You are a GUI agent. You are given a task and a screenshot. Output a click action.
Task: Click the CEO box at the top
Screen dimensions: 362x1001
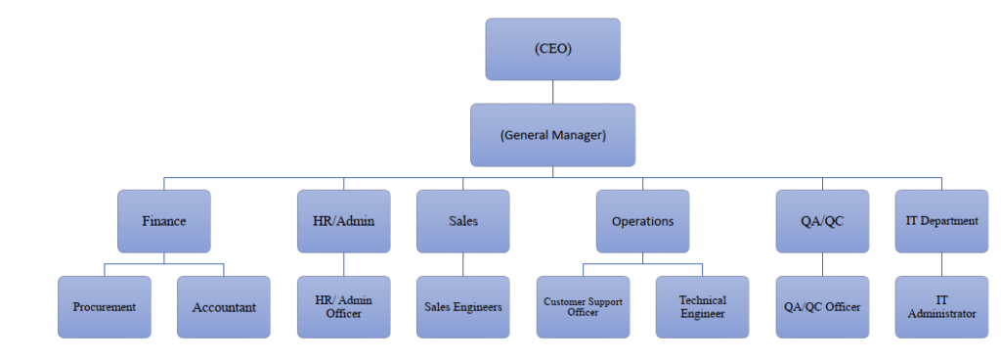552,49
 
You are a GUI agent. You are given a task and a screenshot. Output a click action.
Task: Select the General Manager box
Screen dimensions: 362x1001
552,135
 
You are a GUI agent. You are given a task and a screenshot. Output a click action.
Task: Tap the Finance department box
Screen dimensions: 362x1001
163,221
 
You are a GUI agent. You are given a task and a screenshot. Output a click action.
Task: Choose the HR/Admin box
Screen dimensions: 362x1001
343,221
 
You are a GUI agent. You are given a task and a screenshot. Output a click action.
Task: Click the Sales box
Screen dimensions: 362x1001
462,221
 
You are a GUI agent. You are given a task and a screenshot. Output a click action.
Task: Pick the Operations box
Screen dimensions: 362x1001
642,221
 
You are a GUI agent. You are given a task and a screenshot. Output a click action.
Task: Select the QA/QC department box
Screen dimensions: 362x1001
822,221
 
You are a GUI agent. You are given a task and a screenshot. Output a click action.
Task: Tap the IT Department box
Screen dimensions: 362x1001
941,221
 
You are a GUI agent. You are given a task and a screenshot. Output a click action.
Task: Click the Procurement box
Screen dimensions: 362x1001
104,307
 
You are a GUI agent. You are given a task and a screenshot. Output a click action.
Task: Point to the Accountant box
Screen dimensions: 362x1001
224,307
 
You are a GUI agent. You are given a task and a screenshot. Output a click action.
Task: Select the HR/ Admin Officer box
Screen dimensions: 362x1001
343,307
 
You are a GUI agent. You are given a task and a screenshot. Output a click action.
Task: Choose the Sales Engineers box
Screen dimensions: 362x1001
462,307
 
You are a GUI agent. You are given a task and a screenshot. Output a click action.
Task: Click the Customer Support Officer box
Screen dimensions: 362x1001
583,307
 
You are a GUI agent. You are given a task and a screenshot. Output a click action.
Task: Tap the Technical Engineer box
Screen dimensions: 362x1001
702,307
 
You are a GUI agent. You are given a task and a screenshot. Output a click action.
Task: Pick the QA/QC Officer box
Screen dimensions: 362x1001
822,307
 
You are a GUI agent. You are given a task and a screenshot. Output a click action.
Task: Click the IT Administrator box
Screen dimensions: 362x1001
941,307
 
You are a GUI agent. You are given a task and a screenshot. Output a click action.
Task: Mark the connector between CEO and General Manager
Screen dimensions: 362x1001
552,92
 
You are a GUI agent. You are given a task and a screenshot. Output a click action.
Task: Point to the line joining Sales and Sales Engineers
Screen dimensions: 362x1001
462,264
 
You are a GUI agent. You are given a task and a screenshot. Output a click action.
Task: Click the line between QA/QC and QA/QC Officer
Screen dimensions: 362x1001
822,264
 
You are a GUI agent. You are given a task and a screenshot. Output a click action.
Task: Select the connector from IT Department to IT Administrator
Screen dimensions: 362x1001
941,264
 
